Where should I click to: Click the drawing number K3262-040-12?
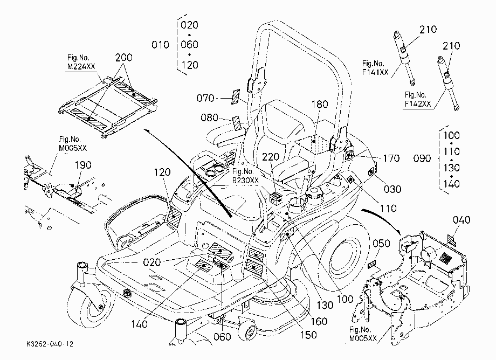click(x=50, y=344)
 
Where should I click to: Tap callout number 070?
click(x=205, y=98)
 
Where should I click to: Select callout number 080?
click(x=209, y=117)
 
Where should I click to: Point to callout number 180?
click(x=320, y=104)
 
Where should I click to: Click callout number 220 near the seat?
click(x=271, y=157)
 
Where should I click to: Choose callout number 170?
click(x=391, y=158)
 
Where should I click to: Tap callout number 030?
click(x=392, y=189)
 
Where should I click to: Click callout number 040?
click(x=461, y=220)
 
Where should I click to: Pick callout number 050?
click(x=381, y=243)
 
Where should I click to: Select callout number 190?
click(x=83, y=165)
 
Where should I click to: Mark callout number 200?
click(x=123, y=57)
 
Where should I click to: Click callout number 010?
click(x=160, y=45)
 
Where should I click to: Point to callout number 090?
click(x=422, y=158)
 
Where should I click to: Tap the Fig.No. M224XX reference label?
click(x=81, y=62)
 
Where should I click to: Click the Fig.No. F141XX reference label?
click(x=375, y=68)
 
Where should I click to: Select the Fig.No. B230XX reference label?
click(x=245, y=176)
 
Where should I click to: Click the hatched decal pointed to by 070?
click(x=236, y=96)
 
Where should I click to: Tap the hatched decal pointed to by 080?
click(x=237, y=123)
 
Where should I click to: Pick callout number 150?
click(x=308, y=334)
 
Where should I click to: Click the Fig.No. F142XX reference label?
click(x=418, y=99)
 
